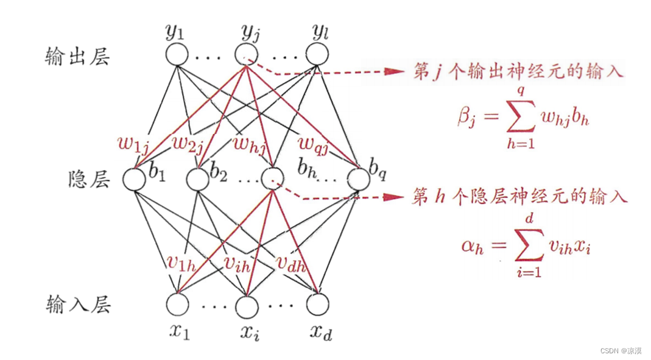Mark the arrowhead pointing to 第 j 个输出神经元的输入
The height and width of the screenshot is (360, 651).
point(395,72)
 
